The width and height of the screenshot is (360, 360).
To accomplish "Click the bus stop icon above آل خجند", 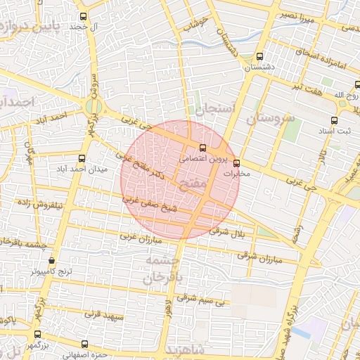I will (x=84, y=16).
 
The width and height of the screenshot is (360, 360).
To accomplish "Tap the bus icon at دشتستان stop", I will (x=261, y=57).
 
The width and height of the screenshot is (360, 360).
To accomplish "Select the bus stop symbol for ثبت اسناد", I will (x=334, y=120).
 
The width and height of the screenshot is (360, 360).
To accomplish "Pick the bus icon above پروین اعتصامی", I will (x=202, y=148).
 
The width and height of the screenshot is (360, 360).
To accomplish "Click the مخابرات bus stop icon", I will (x=236, y=162).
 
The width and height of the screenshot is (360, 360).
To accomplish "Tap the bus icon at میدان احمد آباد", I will (x=82, y=158).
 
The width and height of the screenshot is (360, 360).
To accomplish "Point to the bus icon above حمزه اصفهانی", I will (x=84, y=344).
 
